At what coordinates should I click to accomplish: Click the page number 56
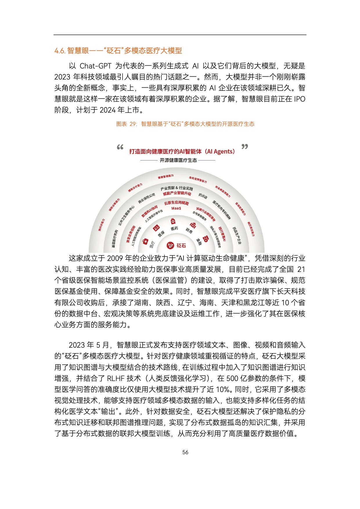click(x=185, y=452)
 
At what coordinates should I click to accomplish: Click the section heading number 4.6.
click(x=60, y=51)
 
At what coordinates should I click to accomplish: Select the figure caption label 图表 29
click(x=126, y=124)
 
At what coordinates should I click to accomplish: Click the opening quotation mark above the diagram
click(x=120, y=147)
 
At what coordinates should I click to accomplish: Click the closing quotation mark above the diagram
click(x=245, y=147)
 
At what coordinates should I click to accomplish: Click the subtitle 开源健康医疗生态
click(x=178, y=160)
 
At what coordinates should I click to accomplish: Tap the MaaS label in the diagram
click(x=176, y=208)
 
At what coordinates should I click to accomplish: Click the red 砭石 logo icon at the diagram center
click(x=170, y=246)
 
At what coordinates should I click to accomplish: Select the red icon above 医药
click(x=173, y=221)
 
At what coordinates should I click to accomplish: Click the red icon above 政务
click(x=193, y=225)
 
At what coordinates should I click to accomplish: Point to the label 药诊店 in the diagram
click(x=203, y=196)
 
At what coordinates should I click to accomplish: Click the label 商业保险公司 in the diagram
click(x=146, y=198)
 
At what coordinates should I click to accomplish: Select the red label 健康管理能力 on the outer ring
click(x=166, y=176)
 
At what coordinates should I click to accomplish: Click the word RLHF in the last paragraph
click(x=116, y=378)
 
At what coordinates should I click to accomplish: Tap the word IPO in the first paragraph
click(x=299, y=99)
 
